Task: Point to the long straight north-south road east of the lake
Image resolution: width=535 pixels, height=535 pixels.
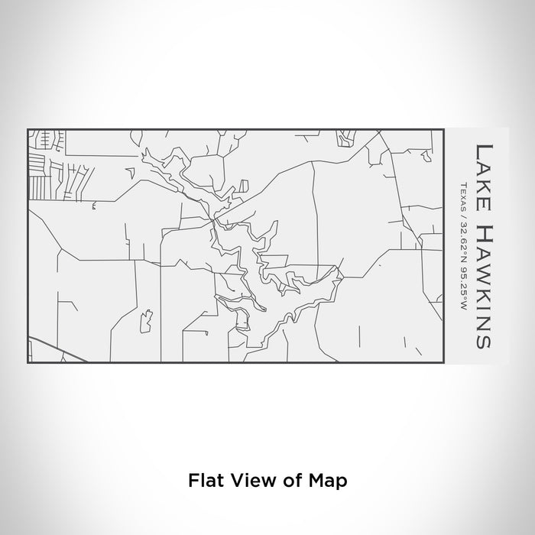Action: pyautogui.click(x=315, y=214)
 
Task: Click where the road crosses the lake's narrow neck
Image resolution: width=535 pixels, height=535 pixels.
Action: pyautogui.click(x=216, y=221)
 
